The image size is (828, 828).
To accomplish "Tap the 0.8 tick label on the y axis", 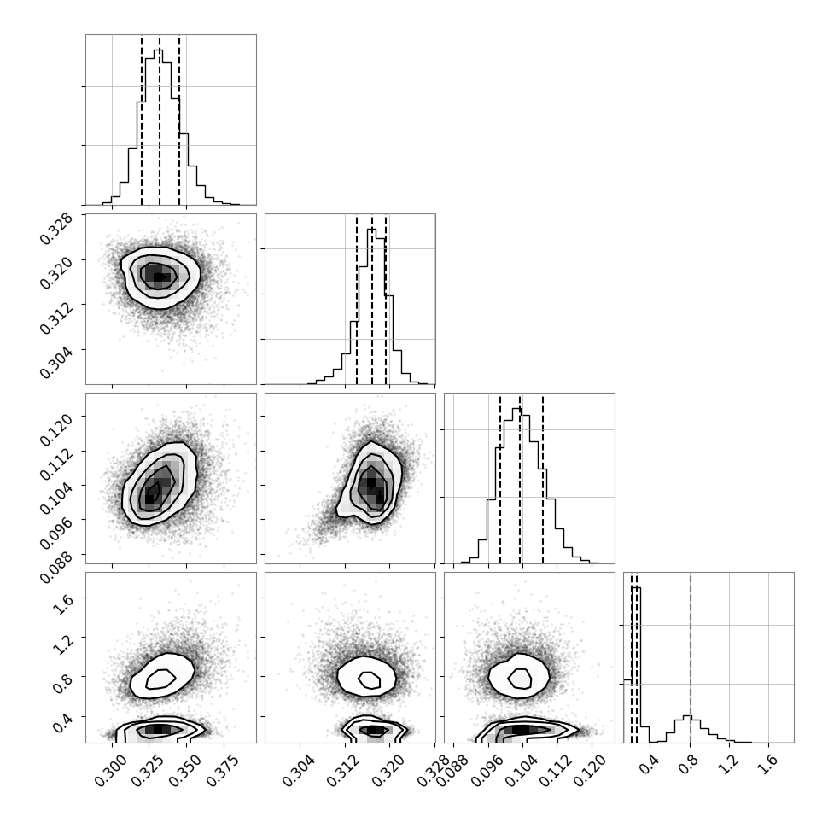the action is point(62,683).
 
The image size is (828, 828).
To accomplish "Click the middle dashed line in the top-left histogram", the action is point(160,120).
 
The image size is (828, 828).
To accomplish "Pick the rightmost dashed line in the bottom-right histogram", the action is point(691,658).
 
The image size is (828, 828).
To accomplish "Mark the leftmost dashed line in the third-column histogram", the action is point(499,479).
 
